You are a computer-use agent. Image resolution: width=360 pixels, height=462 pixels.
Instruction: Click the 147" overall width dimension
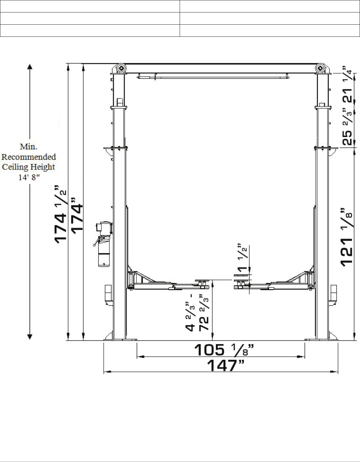tap(226, 365)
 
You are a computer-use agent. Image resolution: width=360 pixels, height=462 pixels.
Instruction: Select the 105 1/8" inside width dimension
tap(224, 350)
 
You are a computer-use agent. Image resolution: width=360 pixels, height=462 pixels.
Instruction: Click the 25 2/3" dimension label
tap(347, 127)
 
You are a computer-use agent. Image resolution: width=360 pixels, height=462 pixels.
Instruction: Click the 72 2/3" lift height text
tap(204, 312)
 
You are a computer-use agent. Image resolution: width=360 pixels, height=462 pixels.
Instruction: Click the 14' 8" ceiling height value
tap(29, 177)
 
